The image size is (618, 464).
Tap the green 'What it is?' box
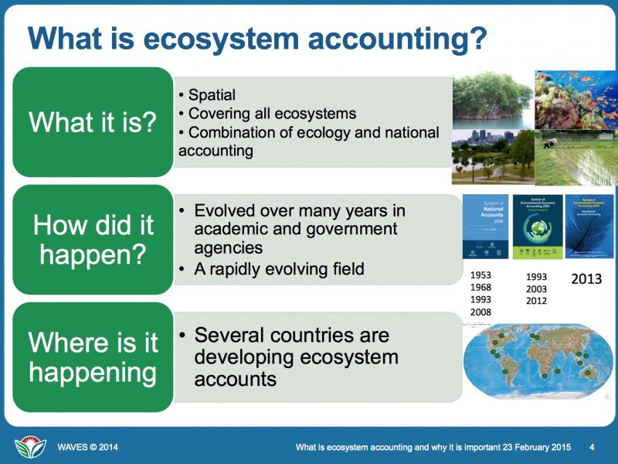point(93,122)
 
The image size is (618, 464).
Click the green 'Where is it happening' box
point(93,358)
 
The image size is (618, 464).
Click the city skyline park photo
point(491,158)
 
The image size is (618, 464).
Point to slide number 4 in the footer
point(591,447)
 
